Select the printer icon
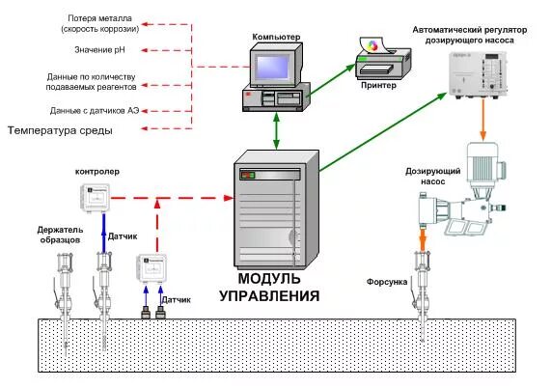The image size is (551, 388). [378, 59]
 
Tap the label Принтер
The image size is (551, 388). [377, 84]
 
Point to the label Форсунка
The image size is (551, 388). [386, 282]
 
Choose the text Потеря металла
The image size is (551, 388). [103, 19]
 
